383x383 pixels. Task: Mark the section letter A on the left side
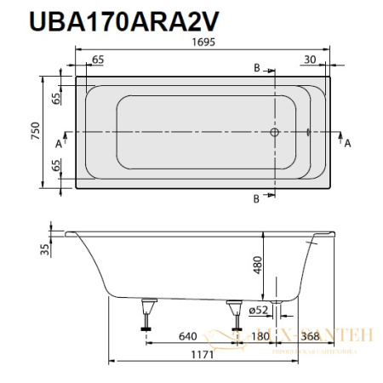click(58, 143)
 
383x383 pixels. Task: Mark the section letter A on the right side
click(347, 143)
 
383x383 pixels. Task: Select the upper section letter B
click(257, 67)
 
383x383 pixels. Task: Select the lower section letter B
click(257, 199)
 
